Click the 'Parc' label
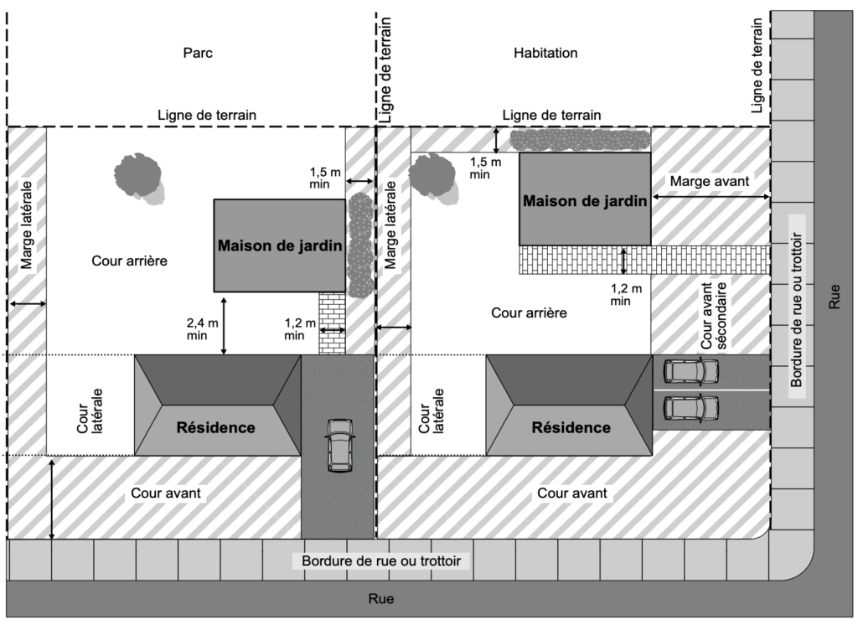click(x=198, y=53)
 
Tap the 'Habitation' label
click(x=545, y=53)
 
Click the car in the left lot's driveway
click(x=339, y=445)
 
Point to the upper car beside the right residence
click(x=691, y=369)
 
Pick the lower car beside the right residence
click(x=691, y=408)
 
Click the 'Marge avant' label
click(x=709, y=180)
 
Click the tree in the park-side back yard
click(x=138, y=177)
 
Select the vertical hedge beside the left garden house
click(x=360, y=245)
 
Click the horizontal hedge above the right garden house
click(x=581, y=140)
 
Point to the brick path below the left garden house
click(x=332, y=323)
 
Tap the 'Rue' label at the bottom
click(x=381, y=599)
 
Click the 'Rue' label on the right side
click(x=833, y=297)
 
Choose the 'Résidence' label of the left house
click(x=215, y=427)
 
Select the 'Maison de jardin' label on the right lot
click(x=584, y=201)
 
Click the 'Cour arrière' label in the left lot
click(x=130, y=261)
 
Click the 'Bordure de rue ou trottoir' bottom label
click(x=381, y=560)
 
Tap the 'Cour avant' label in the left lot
click(x=166, y=493)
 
